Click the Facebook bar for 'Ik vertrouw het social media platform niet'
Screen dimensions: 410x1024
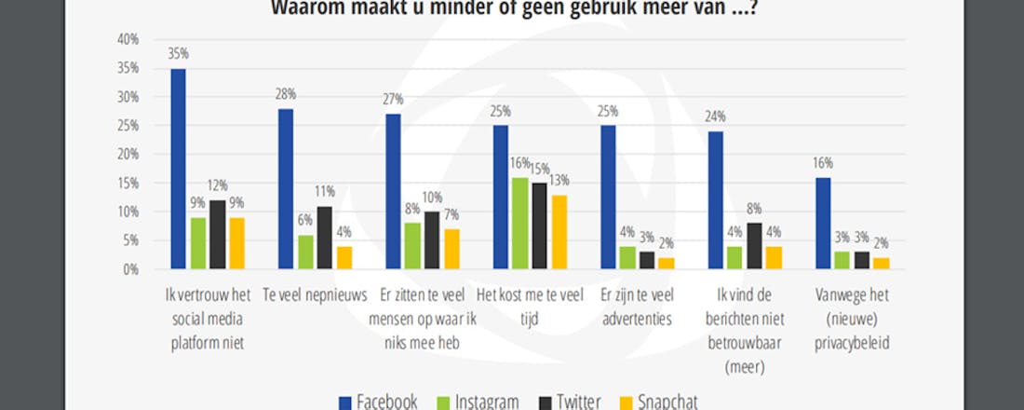click(x=178, y=169)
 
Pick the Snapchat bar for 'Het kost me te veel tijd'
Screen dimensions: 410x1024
click(x=559, y=232)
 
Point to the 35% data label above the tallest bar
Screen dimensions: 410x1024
click(x=178, y=54)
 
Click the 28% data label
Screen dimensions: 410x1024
click(x=286, y=94)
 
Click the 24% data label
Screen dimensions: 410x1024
click(x=716, y=116)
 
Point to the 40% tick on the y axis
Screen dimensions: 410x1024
click(x=128, y=39)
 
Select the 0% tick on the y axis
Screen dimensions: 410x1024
click(x=130, y=269)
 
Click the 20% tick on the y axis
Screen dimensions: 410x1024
click(x=128, y=155)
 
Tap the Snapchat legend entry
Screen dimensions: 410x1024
click(x=657, y=401)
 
